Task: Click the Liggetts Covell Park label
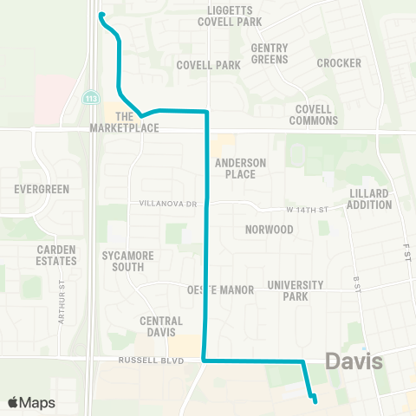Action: click(236, 15)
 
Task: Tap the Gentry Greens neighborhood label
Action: click(270, 54)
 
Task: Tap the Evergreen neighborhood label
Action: click(35, 188)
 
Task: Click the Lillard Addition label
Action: click(370, 198)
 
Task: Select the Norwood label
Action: click(269, 230)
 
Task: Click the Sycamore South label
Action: click(127, 261)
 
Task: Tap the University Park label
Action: click(296, 290)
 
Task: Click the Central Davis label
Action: click(161, 327)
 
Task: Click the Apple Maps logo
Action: click(32, 402)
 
